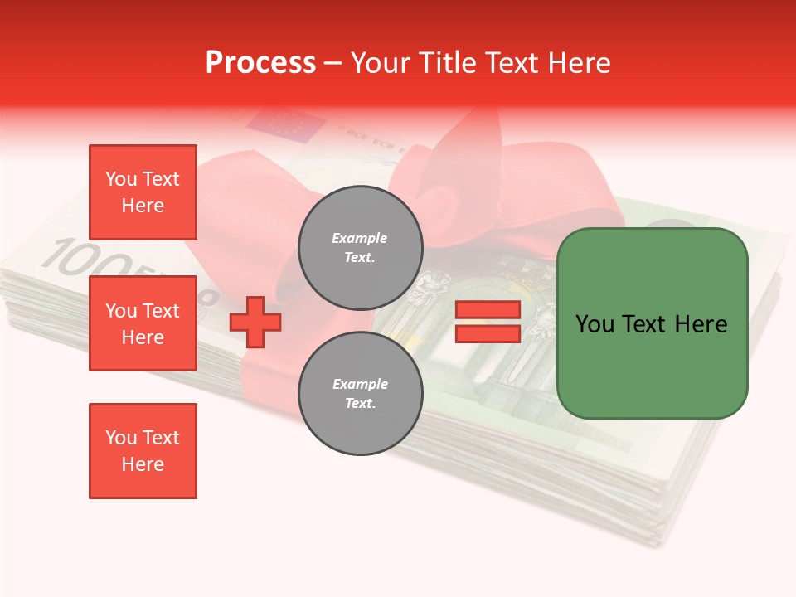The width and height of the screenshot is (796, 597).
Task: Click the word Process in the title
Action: click(260, 63)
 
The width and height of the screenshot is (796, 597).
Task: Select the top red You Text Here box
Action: click(143, 192)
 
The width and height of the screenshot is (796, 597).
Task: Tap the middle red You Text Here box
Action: click(143, 323)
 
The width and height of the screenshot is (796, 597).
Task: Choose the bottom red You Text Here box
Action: click(143, 451)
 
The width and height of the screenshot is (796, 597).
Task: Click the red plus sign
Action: click(255, 323)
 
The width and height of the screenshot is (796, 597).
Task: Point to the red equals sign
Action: click(488, 322)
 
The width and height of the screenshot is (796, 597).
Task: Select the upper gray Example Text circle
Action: click(361, 247)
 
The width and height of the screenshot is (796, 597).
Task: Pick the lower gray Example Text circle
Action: click(361, 393)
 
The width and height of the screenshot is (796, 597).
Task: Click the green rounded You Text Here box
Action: click(652, 323)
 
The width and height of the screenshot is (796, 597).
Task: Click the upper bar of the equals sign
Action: click(488, 310)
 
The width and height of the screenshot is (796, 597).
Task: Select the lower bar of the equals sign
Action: click(488, 333)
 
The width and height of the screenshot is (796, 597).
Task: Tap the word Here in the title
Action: click(579, 63)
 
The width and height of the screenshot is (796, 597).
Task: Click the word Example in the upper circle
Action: click(359, 238)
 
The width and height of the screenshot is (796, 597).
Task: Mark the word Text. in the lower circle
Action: click(361, 403)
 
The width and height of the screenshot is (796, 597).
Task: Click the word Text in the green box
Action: click(645, 324)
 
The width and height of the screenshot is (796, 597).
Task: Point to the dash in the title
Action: click(332, 63)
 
